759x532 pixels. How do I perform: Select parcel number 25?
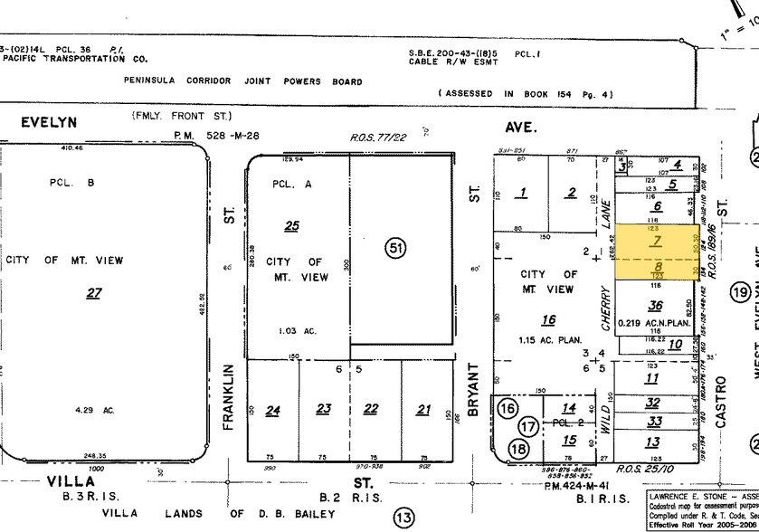click(290, 225)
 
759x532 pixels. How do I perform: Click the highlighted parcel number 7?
click(657, 240)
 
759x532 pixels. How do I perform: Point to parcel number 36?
click(655, 306)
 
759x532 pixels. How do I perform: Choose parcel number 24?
click(272, 410)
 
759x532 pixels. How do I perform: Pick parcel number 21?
click(423, 410)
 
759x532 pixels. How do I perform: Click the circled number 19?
click(742, 291)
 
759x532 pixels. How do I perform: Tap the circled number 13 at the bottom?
click(403, 518)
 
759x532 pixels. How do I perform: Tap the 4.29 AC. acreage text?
click(97, 410)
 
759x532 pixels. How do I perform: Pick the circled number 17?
click(529, 425)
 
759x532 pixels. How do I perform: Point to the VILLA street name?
click(71, 482)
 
